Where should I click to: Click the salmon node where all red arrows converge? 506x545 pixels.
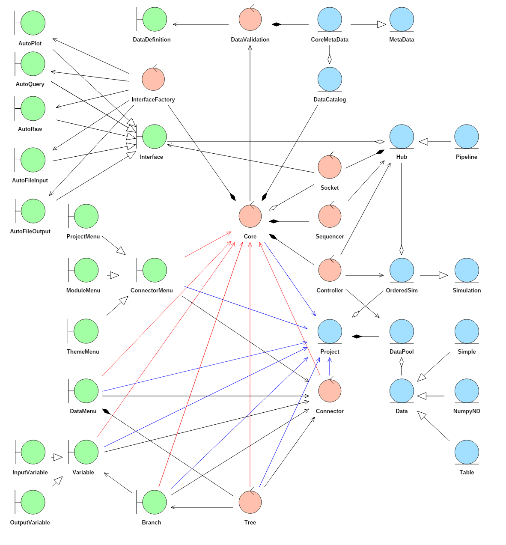[x=250, y=216]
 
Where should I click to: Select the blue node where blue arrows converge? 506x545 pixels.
[x=330, y=331]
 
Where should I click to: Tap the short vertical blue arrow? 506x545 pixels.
[x=330, y=366]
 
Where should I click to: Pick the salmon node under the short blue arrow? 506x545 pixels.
[x=330, y=391]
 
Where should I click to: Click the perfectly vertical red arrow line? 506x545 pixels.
[x=250, y=364]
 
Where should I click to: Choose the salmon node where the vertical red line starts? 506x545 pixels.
[x=250, y=502]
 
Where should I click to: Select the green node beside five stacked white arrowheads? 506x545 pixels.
[x=155, y=137]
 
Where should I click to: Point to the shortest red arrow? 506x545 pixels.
[x=208, y=244]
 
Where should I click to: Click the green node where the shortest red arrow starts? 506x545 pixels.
[x=155, y=270]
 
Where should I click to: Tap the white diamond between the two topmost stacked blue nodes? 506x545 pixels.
[x=330, y=59]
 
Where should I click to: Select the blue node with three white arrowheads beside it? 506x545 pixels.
[x=402, y=391]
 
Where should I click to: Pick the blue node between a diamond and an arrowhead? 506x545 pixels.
[x=402, y=137]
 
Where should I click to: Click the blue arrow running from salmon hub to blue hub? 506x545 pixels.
[x=290, y=279]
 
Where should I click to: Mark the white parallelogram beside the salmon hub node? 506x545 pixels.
[x=273, y=208]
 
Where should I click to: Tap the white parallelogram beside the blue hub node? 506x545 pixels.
[x=356, y=314]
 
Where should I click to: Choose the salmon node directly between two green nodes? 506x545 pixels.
[x=153, y=79]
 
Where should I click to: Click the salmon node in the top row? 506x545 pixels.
[x=250, y=19]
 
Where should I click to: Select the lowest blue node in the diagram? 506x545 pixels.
[x=467, y=452]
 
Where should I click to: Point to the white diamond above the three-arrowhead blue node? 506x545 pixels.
[x=402, y=362]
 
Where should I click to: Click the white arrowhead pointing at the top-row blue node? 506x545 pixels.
[x=381, y=24]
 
